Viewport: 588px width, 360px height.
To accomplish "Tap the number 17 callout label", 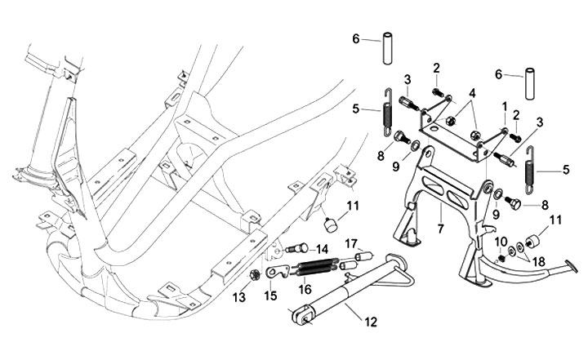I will click(x=353, y=242).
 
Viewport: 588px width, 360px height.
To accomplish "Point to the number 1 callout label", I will click(x=505, y=107).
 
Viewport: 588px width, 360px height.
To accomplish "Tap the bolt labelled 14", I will click(x=297, y=248).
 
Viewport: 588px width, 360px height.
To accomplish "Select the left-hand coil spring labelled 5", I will click(x=387, y=117).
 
